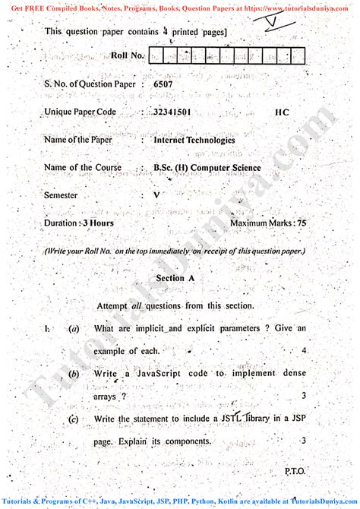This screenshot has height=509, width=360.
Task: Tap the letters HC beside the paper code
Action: point(282,112)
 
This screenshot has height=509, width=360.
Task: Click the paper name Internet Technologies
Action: point(194,140)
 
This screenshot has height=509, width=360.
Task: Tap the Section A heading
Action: point(175,278)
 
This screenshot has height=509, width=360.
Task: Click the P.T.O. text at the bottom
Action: point(295,471)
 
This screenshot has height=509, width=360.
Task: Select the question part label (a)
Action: point(74,328)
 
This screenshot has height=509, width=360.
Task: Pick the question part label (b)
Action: point(74,374)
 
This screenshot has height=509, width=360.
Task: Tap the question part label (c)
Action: point(74,419)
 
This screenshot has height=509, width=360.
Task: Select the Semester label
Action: point(62,195)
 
